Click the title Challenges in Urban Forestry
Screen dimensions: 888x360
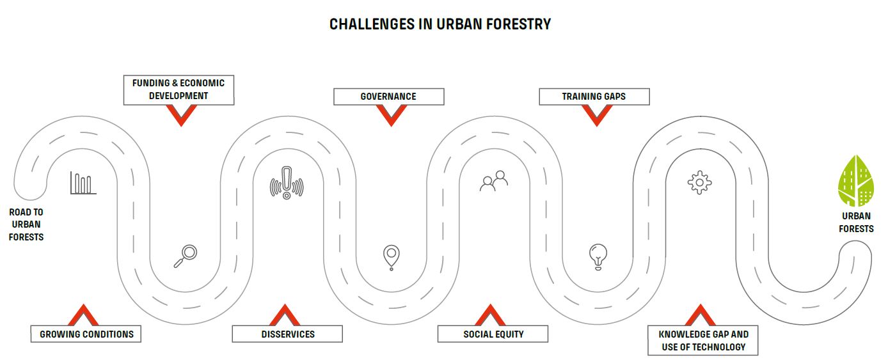click(x=440, y=24)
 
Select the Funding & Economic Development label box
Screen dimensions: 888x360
click(x=178, y=90)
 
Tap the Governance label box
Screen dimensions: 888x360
click(x=388, y=97)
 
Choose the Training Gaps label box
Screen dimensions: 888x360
click(x=594, y=97)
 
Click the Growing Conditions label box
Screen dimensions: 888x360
click(x=86, y=334)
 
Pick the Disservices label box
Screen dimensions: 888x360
click(x=287, y=334)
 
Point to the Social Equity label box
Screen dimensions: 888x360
click(x=493, y=334)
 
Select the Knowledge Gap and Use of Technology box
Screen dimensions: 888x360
click(x=703, y=340)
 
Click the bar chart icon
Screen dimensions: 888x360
click(x=83, y=183)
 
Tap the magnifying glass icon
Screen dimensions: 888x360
click(x=186, y=256)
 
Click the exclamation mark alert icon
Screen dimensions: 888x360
click(x=287, y=183)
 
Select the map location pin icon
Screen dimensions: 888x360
click(x=392, y=258)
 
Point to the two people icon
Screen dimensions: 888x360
click(x=493, y=181)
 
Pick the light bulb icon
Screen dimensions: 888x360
click(x=598, y=256)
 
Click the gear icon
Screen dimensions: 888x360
click(x=699, y=183)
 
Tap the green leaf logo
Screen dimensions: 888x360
click(x=856, y=180)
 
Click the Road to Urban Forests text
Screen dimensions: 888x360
click(x=26, y=224)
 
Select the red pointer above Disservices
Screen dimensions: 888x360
click(x=285, y=315)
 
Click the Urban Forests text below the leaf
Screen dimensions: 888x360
click(x=856, y=223)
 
